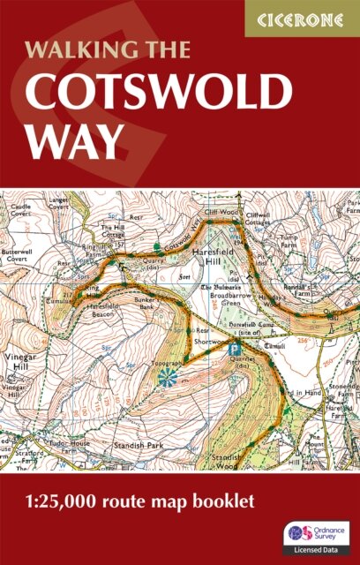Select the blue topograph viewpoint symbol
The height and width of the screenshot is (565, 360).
166,377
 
